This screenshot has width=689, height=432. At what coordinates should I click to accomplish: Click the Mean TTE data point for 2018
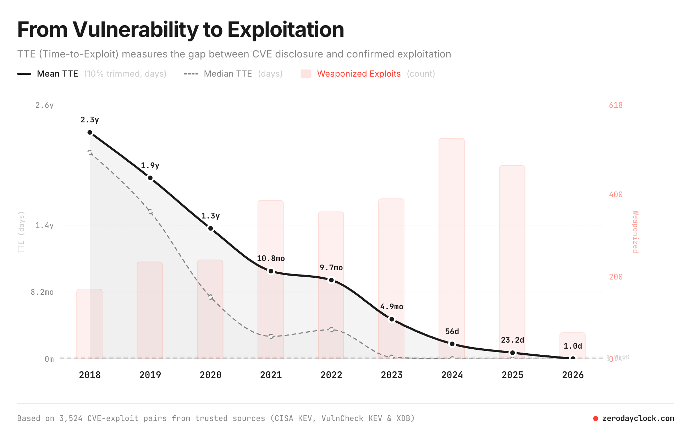90,132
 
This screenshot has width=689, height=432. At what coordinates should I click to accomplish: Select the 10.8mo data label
271,259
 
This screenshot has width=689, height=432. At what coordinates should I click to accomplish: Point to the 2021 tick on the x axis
271,375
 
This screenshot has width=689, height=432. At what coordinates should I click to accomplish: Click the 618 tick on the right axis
616,105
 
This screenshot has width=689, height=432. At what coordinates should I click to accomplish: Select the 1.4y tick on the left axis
44,226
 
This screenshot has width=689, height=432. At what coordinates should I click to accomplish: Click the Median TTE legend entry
228,74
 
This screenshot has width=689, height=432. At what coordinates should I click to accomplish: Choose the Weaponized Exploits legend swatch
305,74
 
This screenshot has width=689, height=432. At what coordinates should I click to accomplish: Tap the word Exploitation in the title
286,29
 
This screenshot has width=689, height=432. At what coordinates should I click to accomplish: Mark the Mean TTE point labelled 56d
452,344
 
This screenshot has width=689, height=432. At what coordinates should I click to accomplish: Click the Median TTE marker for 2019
150,212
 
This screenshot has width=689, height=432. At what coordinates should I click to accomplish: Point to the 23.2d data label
512,340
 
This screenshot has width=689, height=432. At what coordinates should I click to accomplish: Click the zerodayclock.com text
638,419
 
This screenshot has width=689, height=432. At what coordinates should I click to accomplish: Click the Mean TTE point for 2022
331,280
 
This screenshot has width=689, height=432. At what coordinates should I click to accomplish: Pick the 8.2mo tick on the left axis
42,292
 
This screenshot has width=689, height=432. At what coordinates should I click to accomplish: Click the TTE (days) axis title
22,232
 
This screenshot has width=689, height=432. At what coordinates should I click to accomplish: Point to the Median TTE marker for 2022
331,329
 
